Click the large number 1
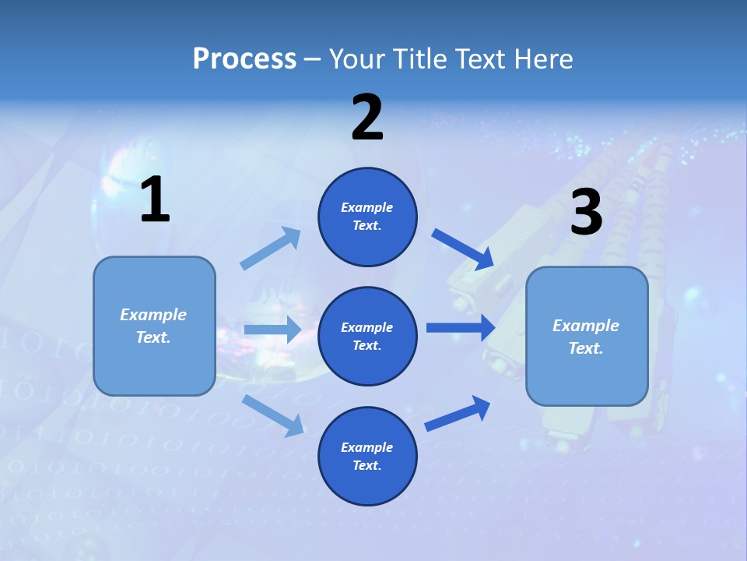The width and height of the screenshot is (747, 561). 155,200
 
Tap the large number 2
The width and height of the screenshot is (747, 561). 367,118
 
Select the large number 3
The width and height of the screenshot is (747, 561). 586,213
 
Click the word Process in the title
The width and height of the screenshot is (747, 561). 244,58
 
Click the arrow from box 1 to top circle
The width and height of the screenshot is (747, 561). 271,249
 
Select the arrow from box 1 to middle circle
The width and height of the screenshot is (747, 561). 272,330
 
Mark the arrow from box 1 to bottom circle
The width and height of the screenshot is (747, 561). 272,415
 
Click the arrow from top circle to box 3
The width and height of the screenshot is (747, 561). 462,249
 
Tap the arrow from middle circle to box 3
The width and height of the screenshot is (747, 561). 460,327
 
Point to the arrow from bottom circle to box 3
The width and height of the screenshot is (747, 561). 458,414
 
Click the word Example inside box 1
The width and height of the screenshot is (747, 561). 153,315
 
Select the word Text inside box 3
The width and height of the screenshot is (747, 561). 584,348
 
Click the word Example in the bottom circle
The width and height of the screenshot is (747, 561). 367,447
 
